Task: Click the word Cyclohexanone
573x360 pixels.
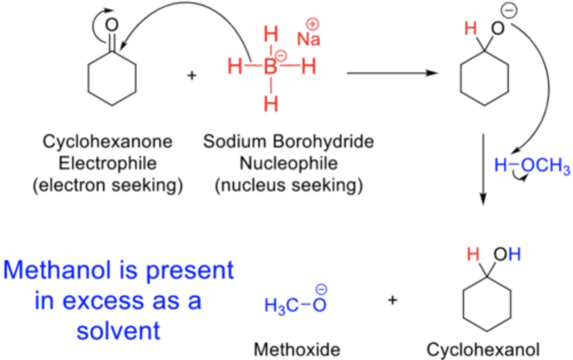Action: tap(107, 142)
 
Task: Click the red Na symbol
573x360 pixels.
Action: tap(308, 39)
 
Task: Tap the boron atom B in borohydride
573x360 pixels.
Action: tap(271, 67)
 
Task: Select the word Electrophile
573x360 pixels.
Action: tap(107, 163)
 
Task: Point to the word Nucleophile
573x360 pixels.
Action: tap(288, 163)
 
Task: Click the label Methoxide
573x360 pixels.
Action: tap(297, 350)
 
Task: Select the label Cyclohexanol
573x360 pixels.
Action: tap(483, 350)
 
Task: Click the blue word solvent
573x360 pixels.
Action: tap(118, 331)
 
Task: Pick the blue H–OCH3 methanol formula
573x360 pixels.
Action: tap(532, 165)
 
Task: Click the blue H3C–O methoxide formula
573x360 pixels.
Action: tap(295, 305)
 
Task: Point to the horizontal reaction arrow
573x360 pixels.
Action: tap(392, 73)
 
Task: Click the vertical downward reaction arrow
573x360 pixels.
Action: tap(483, 169)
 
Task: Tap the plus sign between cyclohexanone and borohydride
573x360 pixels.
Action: tap(192, 75)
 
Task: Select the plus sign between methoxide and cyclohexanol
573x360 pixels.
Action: tap(392, 300)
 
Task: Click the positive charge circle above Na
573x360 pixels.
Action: tap(313, 24)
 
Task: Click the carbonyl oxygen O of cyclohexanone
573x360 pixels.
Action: tap(112, 25)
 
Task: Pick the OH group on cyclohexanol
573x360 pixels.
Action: tap(507, 254)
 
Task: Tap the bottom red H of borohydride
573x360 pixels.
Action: tap(271, 104)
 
